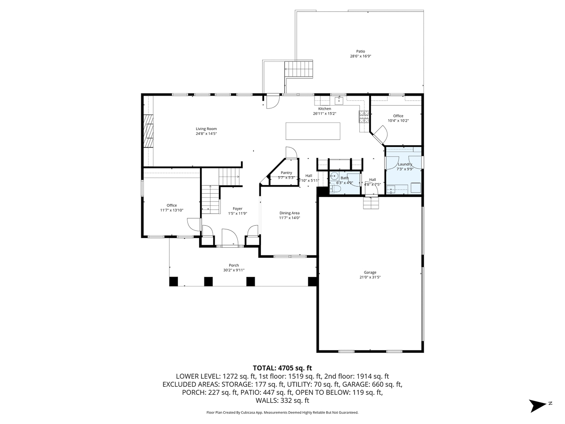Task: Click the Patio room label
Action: (x=360, y=51)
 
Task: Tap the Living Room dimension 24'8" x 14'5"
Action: (x=206, y=134)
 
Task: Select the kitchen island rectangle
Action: (x=313, y=130)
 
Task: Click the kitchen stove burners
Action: (x=364, y=116)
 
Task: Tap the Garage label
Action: (x=370, y=272)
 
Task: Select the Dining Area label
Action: (x=289, y=213)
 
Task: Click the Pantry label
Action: (x=287, y=173)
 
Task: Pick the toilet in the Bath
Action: (x=335, y=189)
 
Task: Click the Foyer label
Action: (x=237, y=209)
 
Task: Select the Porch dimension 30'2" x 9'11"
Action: (x=234, y=270)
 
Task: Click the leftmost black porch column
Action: (x=174, y=281)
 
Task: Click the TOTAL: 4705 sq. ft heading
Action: (x=282, y=368)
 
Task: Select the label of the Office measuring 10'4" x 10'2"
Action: (x=398, y=116)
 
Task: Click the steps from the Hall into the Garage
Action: (x=371, y=203)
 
